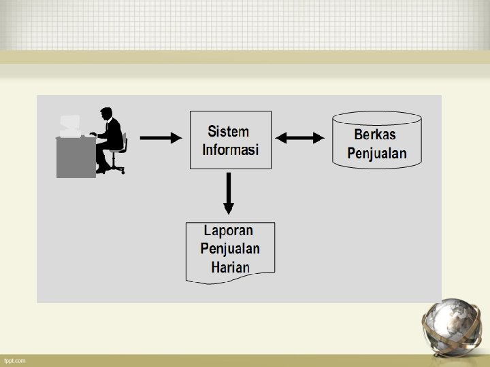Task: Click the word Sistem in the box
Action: click(x=229, y=131)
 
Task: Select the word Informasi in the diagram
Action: click(x=230, y=150)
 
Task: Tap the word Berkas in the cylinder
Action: click(x=375, y=135)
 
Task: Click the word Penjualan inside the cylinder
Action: click(x=377, y=153)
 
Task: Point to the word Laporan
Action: click(x=229, y=231)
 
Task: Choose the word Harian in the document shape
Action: click(x=230, y=267)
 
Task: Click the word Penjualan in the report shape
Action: click(x=230, y=249)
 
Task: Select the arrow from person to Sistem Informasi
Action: click(x=161, y=138)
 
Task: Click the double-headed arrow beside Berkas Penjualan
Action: click(x=300, y=138)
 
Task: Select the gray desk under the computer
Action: click(x=76, y=156)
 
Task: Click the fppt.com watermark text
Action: click(x=14, y=360)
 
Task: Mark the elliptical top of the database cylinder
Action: click(x=376, y=117)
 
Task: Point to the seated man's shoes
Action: click(x=101, y=170)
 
